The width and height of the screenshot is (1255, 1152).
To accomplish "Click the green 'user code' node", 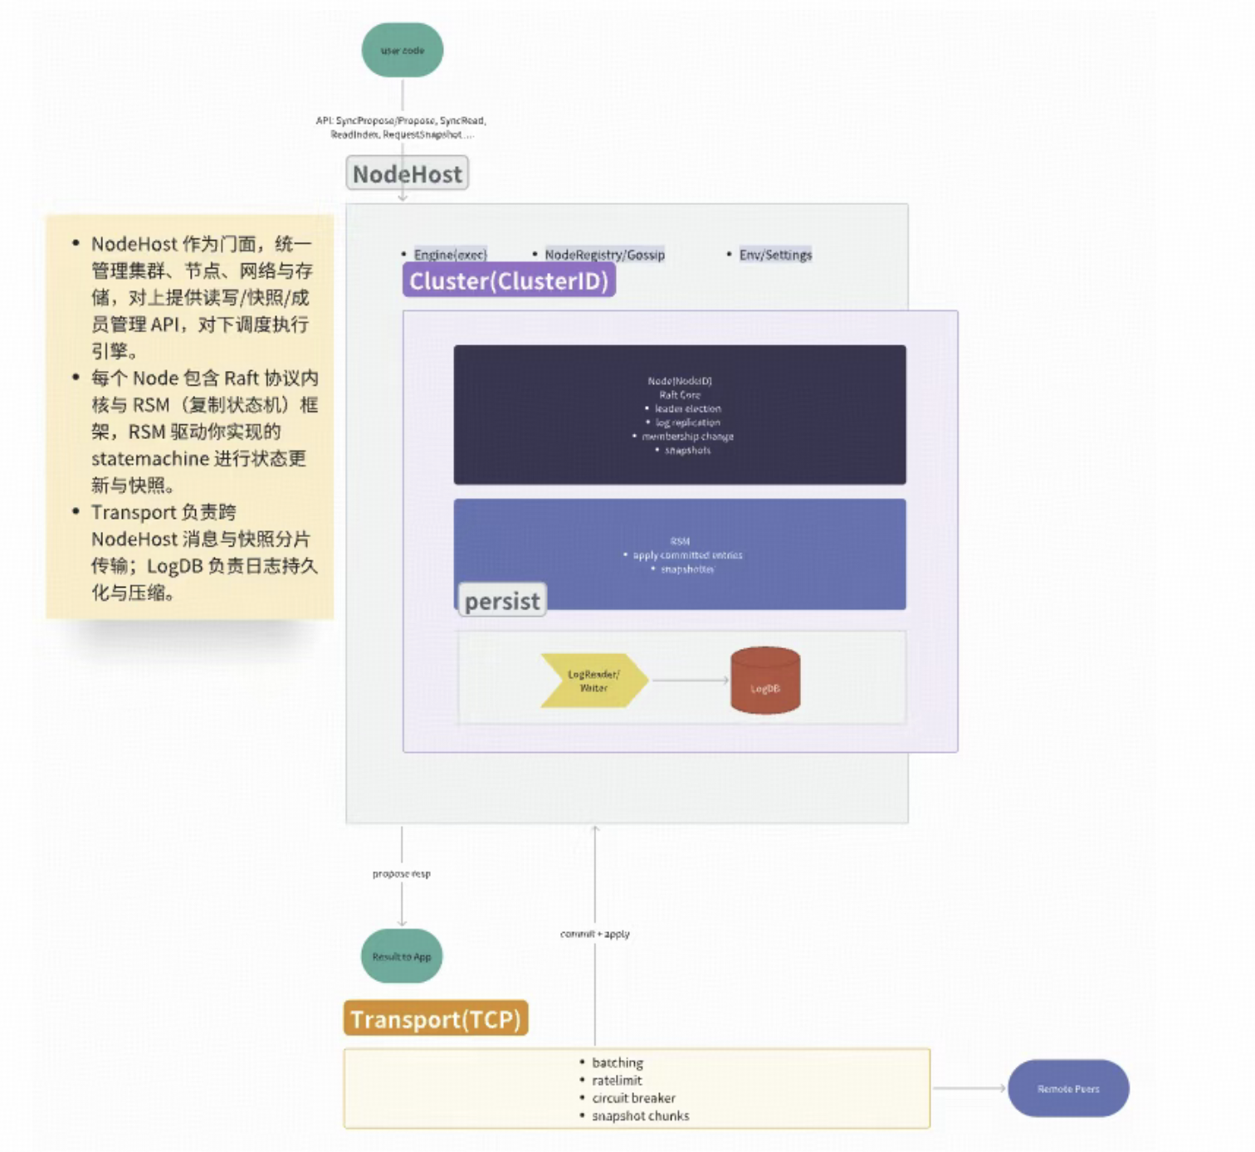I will pos(403,51).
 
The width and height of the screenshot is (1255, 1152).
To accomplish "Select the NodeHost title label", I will pos(407,174).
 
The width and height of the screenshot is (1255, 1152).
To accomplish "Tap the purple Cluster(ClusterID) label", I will pos(509,281).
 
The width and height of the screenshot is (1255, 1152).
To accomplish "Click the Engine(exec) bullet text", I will pos(450,255).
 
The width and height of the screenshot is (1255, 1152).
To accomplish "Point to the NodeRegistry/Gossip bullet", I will pos(604,255).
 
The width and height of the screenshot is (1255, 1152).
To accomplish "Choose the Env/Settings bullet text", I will pos(775,255).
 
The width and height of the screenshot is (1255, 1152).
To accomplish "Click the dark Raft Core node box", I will pos(679,415).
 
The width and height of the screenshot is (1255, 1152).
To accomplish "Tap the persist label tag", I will pos(501,601).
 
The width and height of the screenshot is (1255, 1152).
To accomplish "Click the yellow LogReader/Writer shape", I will pos(593,681).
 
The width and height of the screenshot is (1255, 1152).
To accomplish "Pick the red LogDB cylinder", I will pos(764,681).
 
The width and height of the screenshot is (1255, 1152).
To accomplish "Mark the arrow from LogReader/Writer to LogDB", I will pos(689,681).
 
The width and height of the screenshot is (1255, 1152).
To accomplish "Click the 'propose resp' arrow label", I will pos(402,874).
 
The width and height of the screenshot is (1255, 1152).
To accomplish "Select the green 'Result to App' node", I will pos(402,956).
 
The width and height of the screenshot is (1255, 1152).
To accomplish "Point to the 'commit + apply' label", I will pos(594,935).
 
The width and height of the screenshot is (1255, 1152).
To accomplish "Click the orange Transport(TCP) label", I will pos(435,1018).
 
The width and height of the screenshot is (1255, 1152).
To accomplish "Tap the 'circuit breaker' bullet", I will pos(633,1098).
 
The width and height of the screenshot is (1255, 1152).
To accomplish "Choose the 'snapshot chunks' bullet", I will pos(640,1116).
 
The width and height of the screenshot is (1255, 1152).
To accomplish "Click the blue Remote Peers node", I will pos(1067,1088).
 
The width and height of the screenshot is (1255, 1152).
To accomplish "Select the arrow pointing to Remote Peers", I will pos(969,1088).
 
